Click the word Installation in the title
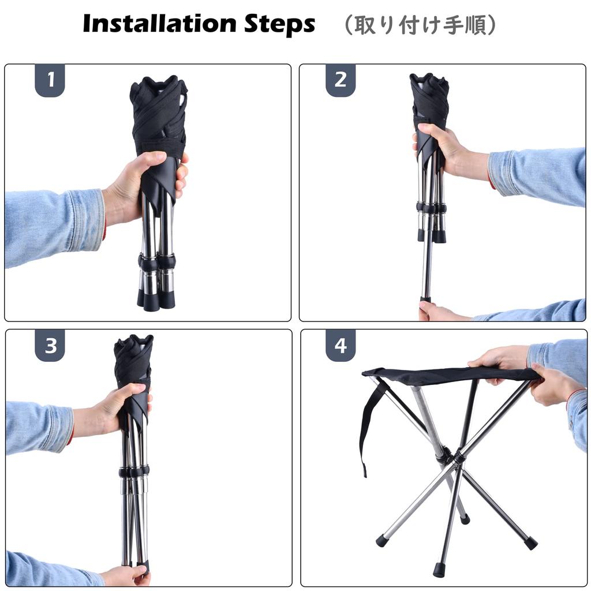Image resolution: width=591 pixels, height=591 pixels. [159, 24]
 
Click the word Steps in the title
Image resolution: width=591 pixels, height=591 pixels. [279, 25]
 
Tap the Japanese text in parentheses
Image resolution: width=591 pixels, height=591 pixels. [420, 25]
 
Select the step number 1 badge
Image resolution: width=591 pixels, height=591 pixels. [50, 80]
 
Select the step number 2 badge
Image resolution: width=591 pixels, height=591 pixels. [341, 80]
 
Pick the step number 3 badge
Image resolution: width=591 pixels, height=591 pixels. [50, 345]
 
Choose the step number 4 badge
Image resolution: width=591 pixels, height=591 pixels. [341, 345]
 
